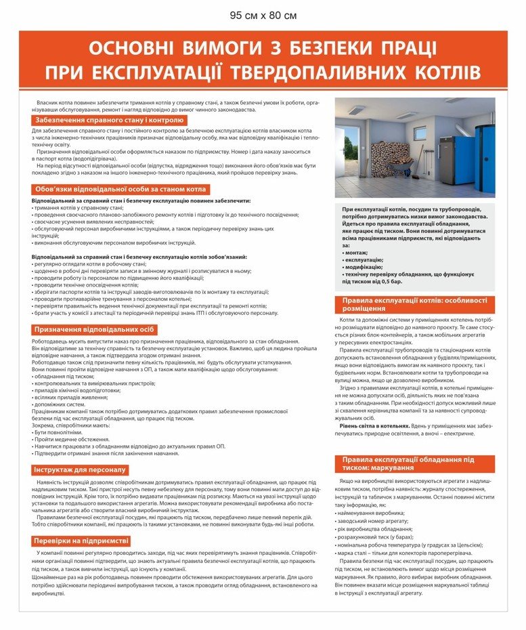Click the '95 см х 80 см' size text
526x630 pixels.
pos(263,15)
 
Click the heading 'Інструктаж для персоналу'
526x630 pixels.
pos(81,469)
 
